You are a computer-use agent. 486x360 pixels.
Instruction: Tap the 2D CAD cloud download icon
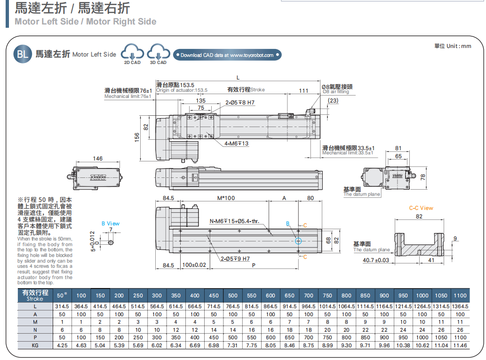[x=132, y=52]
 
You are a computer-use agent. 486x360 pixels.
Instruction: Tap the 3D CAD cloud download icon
[x=158, y=52]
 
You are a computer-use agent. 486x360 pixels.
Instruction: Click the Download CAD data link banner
[x=227, y=55]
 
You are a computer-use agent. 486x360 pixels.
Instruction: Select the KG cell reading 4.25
[x=62, y=345]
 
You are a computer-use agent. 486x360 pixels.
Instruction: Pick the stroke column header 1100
[x=460, y=296]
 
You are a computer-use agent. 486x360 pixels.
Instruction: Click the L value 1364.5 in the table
[x=460, y=306]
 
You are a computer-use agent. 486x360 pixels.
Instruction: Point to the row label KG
[x=35, y=345]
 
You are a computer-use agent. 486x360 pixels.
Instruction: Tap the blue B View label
[x=111, y=224]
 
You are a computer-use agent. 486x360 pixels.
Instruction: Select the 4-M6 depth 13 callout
[x=236, y=144]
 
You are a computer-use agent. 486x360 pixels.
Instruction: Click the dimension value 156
[x=137, y=136]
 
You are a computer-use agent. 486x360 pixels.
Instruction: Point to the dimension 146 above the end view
[x=97, y=159]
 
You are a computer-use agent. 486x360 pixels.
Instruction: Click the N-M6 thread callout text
[x=234, y=221]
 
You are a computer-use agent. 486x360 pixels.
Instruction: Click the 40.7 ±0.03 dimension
[x=376, y=260]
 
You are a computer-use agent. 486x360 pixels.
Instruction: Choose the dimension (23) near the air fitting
[x=333, y=101]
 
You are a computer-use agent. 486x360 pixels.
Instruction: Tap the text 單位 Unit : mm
[x=452, y=46]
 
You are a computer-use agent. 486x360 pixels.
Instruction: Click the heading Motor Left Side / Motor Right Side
[x=85, y=22]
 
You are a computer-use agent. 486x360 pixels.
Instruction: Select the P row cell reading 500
[x=233, y=337]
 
